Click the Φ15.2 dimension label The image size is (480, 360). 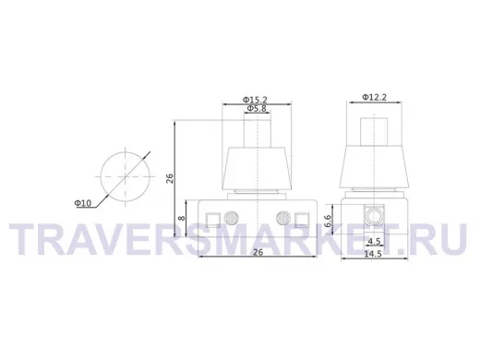pyautogui.click(x=255, y=100)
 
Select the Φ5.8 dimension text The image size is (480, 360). pyautogui.click(x=257, y=108)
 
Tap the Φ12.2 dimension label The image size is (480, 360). pyautogui.click(x=374, y=97)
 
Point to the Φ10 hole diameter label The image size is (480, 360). pyautogui.click(x=83, y=203)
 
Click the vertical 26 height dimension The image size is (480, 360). pyautogui.click(x=170, y=178)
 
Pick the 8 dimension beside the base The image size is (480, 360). pyautogui.click(x=182, y=218)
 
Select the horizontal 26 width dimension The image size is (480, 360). pyautogui.click(x=258, y=252)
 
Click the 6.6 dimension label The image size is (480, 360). pyautogui.click(x=328, y=221)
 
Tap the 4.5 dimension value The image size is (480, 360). pyautogui.click(x=374, y=242)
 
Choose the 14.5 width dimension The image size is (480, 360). pyautogui.click(x=373, y=254)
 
